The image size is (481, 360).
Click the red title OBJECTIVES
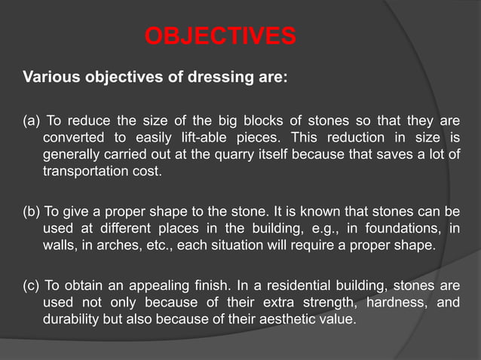click(219, 36)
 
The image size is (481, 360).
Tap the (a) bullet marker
click(32, 122)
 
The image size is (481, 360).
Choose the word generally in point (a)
click(73, 154)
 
